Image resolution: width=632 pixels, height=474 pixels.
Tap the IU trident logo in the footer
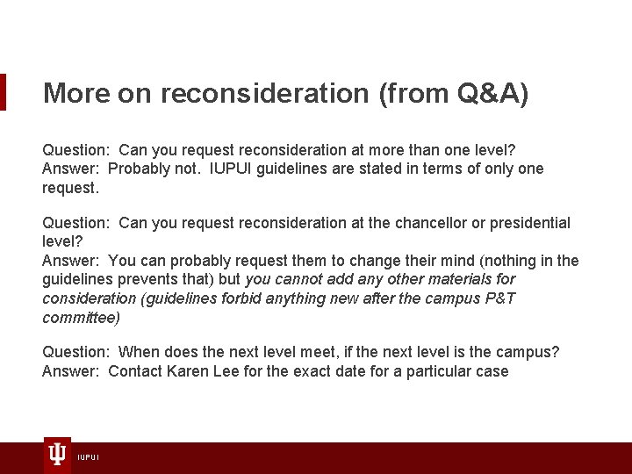point(57,454)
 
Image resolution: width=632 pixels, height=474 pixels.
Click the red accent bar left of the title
point(3,92)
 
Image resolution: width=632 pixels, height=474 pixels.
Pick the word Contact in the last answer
point(136,371)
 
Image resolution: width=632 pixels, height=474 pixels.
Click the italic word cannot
point(300,279)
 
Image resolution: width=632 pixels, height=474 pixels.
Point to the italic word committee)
point(81,318)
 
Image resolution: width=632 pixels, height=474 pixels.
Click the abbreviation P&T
point(496,298)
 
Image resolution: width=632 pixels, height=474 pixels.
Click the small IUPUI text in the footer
point(88,457)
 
